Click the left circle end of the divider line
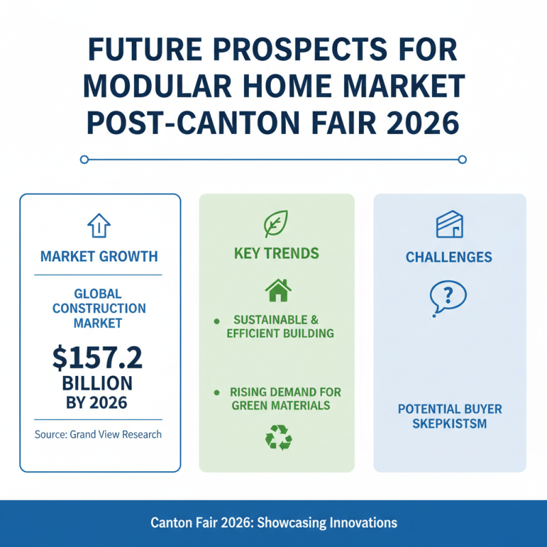coord(84,159)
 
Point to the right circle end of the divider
coord(462,159)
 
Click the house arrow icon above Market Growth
coord(99,226)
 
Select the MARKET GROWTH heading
coord(99,257)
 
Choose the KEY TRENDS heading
coord(276,254)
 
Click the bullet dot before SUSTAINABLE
coord(217,320)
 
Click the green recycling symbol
coord(278,438)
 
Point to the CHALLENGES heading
coord(449,258)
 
